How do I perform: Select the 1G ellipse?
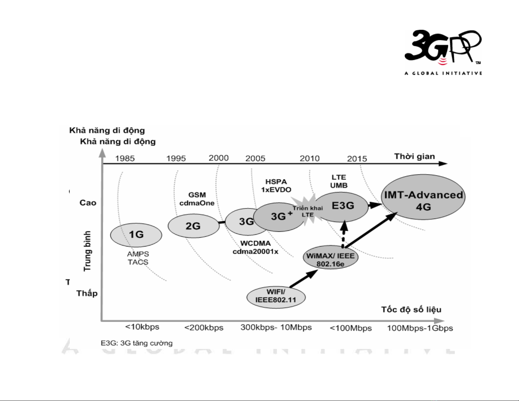coord(136,235)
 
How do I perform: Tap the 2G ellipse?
coord(193,226)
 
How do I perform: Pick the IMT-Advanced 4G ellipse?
coord(423,197)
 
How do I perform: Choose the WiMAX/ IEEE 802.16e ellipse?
coord(330,258)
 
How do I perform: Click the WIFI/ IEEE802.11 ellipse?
coord(276,297)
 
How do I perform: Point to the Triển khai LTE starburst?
coord(308,211)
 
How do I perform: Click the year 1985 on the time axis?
coord(125,159)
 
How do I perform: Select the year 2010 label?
coord(309,159)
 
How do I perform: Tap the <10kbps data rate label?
coord(142,327)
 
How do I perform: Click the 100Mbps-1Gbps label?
coord(420,328)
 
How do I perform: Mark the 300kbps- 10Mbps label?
coord(276,327)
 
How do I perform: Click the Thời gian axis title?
coord(415,156)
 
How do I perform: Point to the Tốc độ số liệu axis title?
coord(411,310)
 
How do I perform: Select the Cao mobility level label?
coord(88,203)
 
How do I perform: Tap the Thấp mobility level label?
coord(87,293)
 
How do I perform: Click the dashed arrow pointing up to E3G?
coord(343,235)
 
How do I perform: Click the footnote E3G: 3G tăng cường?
coord(137,343)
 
